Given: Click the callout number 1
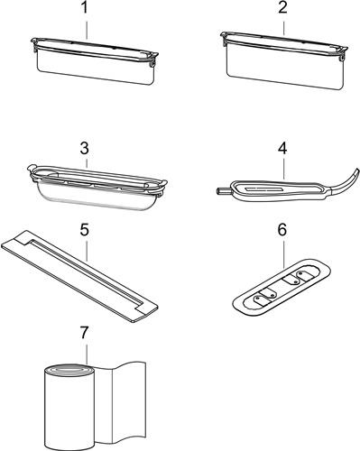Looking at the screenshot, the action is click(86, 8).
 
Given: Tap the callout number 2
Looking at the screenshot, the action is click(282, 8).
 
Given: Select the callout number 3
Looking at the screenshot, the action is click(85, 149).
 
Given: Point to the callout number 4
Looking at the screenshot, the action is click(282, 149).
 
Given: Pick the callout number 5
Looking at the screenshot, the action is click(85, 230).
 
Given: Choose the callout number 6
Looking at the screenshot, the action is click(282, 230).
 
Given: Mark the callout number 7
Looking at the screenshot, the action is click(85, 333).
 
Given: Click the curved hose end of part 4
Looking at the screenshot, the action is click(346, 180).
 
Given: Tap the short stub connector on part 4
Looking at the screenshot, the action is click(220, 190).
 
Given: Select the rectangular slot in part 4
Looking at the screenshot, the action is click(263, 190).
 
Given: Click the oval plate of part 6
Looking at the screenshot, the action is click(282, 287).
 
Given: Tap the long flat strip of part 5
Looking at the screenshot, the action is click(79, 276).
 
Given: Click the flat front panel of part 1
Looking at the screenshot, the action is click(96, 69).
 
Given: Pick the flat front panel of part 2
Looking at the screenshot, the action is click(285, 70).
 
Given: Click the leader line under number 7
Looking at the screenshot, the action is click(87, 354).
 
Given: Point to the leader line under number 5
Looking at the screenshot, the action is click(87, 250).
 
